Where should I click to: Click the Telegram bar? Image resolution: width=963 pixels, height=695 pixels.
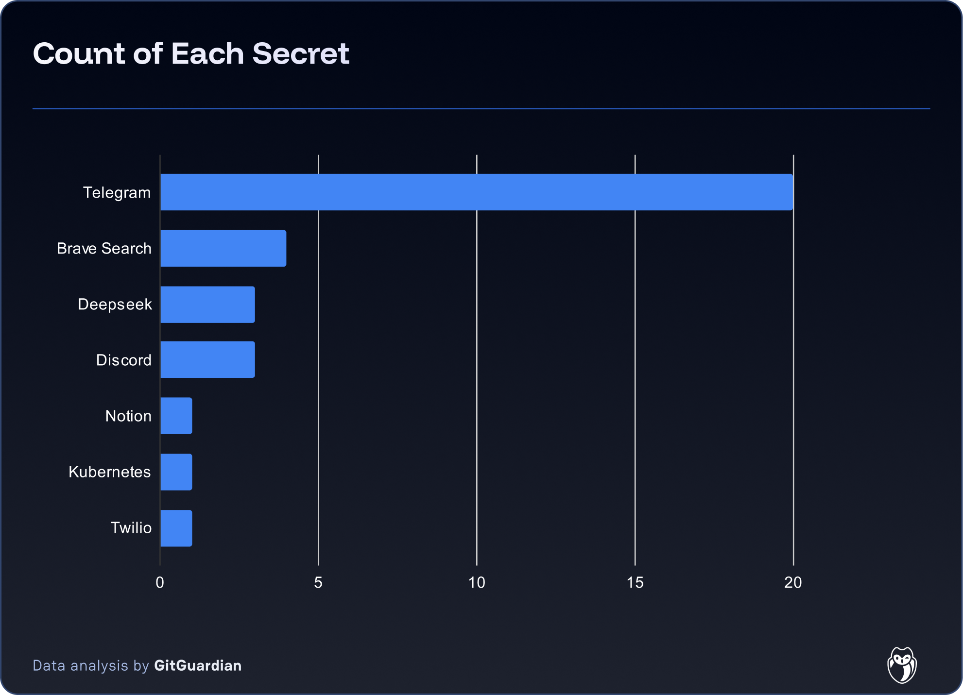476,192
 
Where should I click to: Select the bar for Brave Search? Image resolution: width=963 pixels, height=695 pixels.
224,248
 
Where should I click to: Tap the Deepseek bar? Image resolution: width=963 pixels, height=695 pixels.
207,305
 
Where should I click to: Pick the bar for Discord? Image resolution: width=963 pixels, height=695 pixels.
207,359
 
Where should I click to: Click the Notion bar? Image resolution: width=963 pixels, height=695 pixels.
176,416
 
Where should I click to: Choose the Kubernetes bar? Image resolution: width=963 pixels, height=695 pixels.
176,472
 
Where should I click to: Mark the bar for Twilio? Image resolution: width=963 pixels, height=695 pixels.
176,528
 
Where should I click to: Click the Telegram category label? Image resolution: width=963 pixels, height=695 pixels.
117,193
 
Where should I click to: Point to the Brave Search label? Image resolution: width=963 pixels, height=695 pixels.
104,249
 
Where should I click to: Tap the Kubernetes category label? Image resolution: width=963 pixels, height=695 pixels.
110,472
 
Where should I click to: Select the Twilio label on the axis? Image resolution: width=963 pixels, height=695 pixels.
131,528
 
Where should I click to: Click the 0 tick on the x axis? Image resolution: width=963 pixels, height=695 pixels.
160,582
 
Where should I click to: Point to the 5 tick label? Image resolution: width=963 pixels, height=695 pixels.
318,582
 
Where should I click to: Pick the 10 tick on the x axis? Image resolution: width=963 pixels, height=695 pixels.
477,582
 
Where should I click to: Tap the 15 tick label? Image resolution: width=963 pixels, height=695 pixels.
635,582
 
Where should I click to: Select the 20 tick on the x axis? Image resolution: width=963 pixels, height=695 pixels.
793,582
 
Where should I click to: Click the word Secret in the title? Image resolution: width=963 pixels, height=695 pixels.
301,53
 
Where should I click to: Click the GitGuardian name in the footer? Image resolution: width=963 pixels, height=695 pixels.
198,665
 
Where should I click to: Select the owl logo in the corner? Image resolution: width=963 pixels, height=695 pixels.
902,665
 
